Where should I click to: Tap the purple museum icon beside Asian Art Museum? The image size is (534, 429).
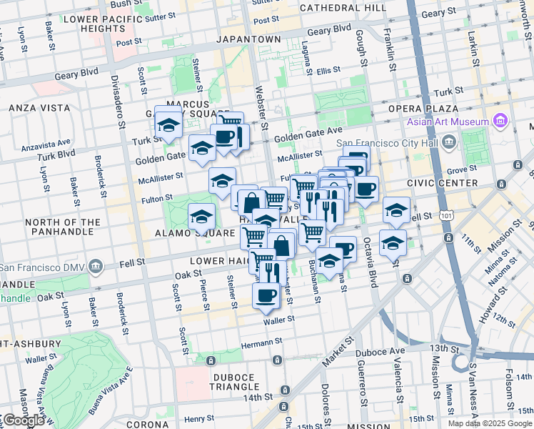click(x=500, y=120)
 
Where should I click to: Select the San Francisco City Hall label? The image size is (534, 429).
click(x=386, y=142)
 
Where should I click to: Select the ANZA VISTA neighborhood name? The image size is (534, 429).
click(x=39, y=107)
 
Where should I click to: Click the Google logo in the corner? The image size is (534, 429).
click(x=24, y=420)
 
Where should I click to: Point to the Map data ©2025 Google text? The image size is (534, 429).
click(x=490, y=423)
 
